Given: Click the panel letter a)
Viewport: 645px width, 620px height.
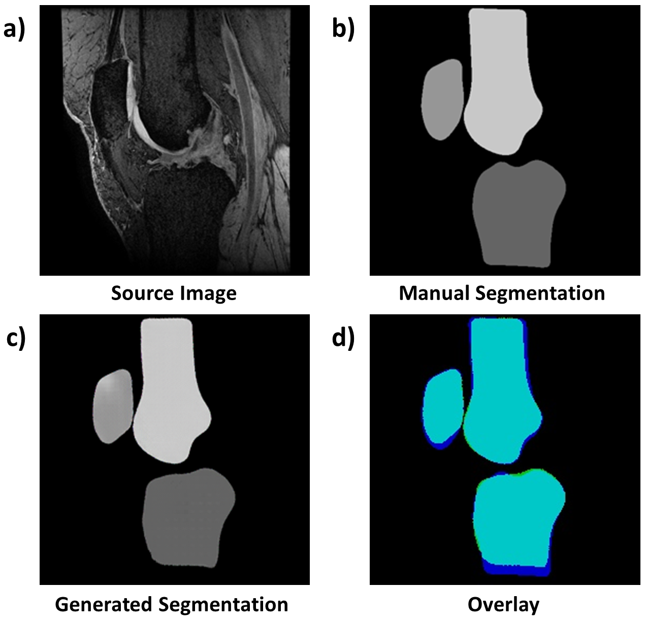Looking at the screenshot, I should click(14, 30).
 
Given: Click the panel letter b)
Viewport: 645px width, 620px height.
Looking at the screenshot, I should click(343, 30).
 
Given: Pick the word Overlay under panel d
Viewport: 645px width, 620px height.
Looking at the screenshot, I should click(503, 604).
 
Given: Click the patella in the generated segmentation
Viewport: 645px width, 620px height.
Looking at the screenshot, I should click(113, 406).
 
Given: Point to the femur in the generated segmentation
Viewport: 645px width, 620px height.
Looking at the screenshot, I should click(168, 396).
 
